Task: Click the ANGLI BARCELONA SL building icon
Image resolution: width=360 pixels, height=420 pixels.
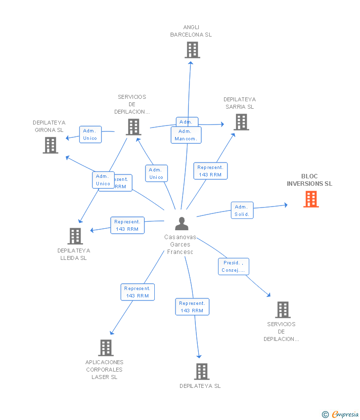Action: click(x=192, y=50)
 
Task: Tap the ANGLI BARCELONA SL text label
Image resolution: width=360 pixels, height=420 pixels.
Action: click(x=191, y=31)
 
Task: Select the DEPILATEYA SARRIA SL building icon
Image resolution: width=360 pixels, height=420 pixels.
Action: click(x=241, y=122)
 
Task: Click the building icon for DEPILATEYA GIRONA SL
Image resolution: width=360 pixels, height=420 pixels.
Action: click(x=50, y=145)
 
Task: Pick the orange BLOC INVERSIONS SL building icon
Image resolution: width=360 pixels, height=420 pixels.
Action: click(x=311, y=199)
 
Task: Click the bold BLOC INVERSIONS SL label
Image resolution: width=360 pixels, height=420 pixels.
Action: click(x=310, y=180)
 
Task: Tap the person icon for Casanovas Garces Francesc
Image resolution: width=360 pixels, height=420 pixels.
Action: click(x=181, y=224)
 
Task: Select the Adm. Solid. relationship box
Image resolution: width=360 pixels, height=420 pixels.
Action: click(x=242, y=210)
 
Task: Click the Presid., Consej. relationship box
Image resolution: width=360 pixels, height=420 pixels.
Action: click(x=233, y=266)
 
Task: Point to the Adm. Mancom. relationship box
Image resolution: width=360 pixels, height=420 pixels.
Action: click(x=186, y=135)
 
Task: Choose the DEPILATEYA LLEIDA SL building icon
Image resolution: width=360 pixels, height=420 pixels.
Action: click(x=75, y=236)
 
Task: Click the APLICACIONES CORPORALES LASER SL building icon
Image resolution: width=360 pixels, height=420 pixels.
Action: click(x=105, y=348)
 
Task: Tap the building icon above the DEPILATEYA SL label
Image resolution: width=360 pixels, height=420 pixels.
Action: click(x=201, y=371)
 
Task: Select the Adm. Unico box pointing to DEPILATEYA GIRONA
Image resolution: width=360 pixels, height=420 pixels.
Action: click(x=90, y=134)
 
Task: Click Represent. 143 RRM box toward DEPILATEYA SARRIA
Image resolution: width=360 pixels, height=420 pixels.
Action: click(x=210, y=171)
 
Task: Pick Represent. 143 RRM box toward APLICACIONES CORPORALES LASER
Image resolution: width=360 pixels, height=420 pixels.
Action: click(x=137, y=292)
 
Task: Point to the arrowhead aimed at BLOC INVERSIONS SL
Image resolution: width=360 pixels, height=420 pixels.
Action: click(x=284, y=205)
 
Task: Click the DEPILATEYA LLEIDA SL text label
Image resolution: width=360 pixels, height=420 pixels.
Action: click(x=73, y=254)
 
